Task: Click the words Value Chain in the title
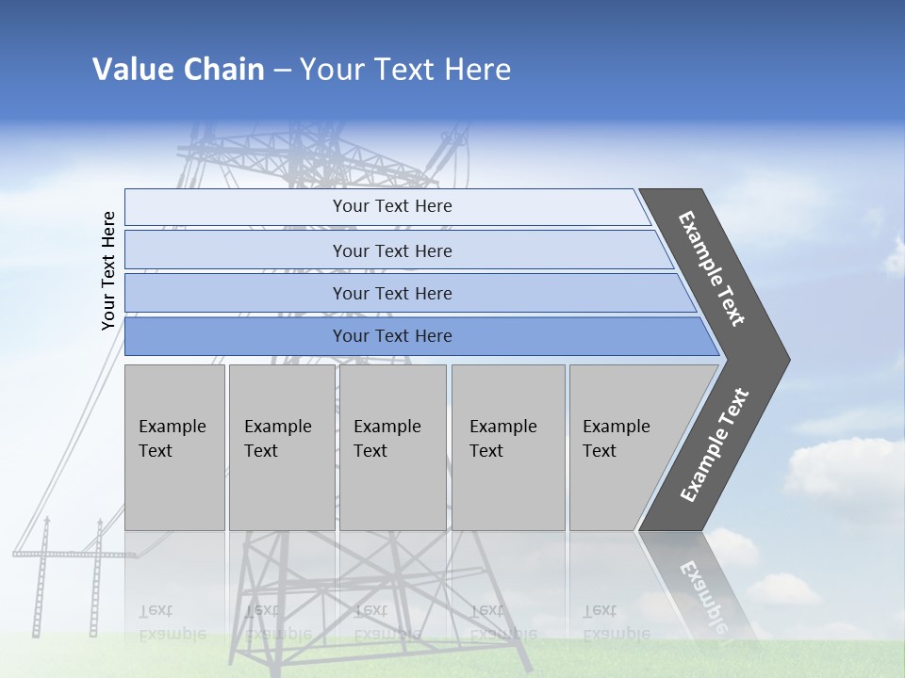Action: (x=178, y=70)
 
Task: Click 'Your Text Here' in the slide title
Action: (x=405, y=70)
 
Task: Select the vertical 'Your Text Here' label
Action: (x=108, y=270)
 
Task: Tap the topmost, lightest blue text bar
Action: (x=391, y=206)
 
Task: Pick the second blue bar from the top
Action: (x=391, y=250)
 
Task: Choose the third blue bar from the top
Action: (x=391, y=293)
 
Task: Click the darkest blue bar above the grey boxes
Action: (x=391, y=336)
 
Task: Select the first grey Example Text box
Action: (x=174, y=447)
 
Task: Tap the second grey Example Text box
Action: (x=281, y=447)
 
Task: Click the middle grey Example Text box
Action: (x=392, y=447)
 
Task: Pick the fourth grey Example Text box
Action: (x=507, y=447)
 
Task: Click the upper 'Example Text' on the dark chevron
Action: (x=712, y=268)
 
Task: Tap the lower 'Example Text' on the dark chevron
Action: (x=715, y=445)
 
